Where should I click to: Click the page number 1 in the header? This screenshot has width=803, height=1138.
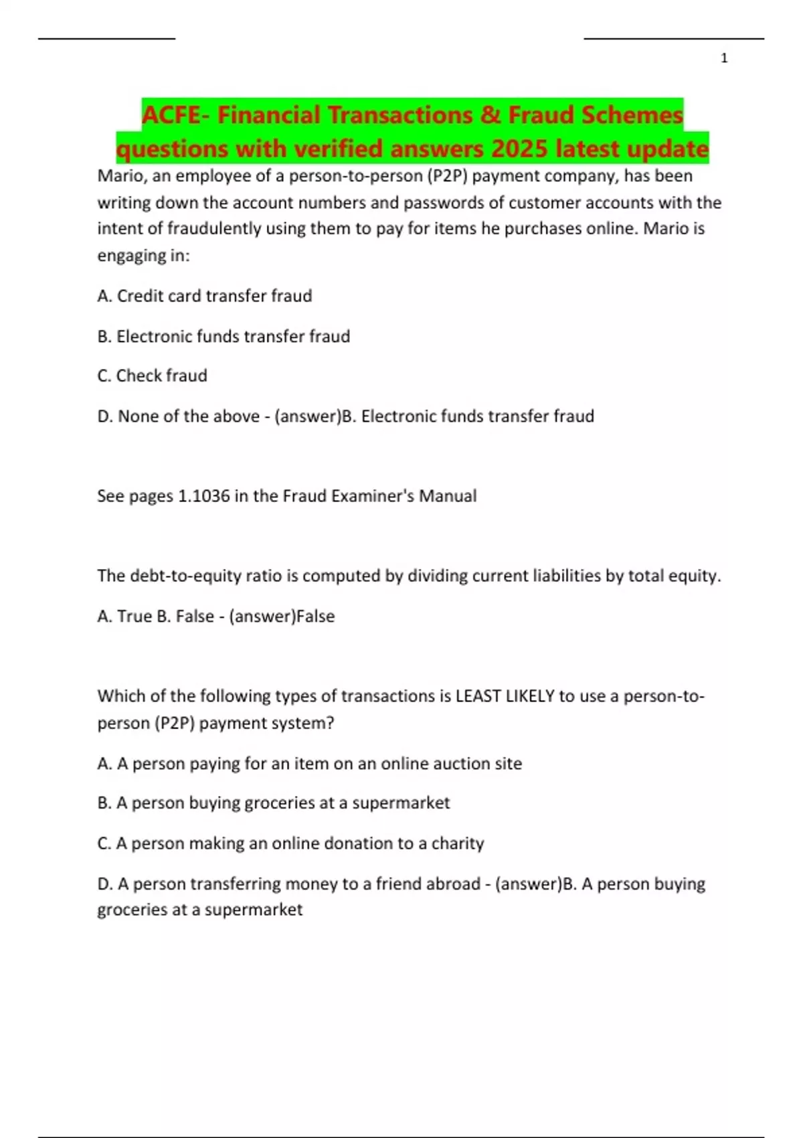click(723, 59)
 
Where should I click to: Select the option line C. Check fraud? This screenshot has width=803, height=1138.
click(152, 376)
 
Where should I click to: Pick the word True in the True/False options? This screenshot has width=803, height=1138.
click(135, 616)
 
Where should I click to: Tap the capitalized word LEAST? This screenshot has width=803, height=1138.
click(478, 696)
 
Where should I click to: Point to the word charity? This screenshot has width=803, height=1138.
click(458, 843)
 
